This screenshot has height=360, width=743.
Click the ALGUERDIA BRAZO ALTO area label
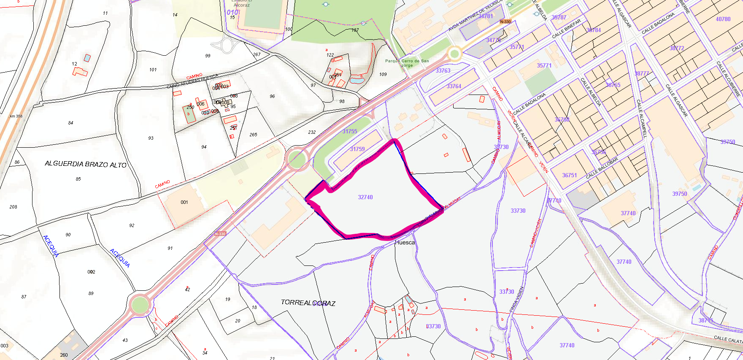[86, 164]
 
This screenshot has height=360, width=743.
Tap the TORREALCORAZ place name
[308, 303]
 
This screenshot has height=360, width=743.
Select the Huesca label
[405, 243]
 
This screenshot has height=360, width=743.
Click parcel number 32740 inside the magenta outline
[365, 197]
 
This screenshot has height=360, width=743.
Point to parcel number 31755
[350, 131]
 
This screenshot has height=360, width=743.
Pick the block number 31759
[357, 149]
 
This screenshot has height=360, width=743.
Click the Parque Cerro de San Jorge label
[407, 63]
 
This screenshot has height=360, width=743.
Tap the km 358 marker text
[16, 116]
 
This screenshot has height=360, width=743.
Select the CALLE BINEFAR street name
[567, 29]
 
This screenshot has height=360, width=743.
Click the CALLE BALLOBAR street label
[602, 168]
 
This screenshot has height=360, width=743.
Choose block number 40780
[723, 19]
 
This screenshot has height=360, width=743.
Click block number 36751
[570, 175]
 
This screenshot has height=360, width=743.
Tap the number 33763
[443, 70]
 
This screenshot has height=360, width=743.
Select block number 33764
[454, 86]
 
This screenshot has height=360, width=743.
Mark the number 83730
[433, 326]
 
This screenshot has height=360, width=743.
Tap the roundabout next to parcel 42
[140, 304]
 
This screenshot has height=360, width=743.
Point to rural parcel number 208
[14, 207]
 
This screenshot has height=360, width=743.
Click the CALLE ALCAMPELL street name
[641, 119]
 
